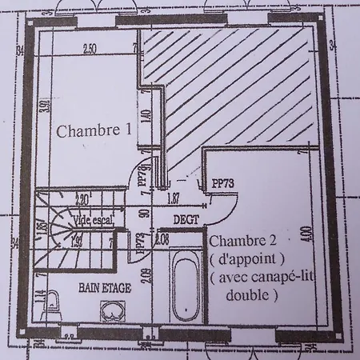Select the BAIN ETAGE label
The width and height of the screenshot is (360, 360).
tap(106, 285)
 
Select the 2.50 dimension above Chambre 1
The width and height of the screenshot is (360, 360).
tap(90, 49)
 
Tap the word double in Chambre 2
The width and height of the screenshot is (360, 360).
tap(252, 294)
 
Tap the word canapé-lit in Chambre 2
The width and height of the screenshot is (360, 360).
tap(260, 278)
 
